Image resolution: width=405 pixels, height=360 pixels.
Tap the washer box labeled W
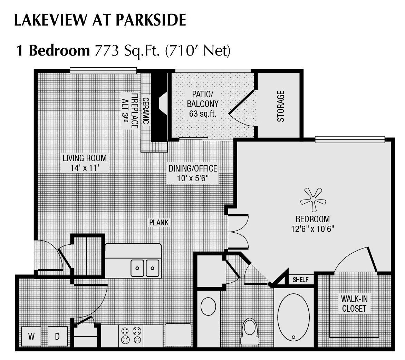31,337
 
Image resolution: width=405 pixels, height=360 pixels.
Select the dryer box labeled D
58,337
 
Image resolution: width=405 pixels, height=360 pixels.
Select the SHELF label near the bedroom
300,280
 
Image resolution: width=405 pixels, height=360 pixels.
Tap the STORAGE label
281,106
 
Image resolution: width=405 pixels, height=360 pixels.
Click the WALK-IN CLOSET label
354,303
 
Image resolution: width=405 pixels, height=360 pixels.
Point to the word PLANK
159,223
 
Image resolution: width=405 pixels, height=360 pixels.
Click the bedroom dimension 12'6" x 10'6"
312,228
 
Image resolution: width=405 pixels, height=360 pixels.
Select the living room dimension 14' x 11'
85,168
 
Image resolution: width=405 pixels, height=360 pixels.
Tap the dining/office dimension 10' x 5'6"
193,178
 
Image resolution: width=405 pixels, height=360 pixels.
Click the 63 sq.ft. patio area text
203,114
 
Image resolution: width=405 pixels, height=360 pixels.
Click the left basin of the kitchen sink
137,268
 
